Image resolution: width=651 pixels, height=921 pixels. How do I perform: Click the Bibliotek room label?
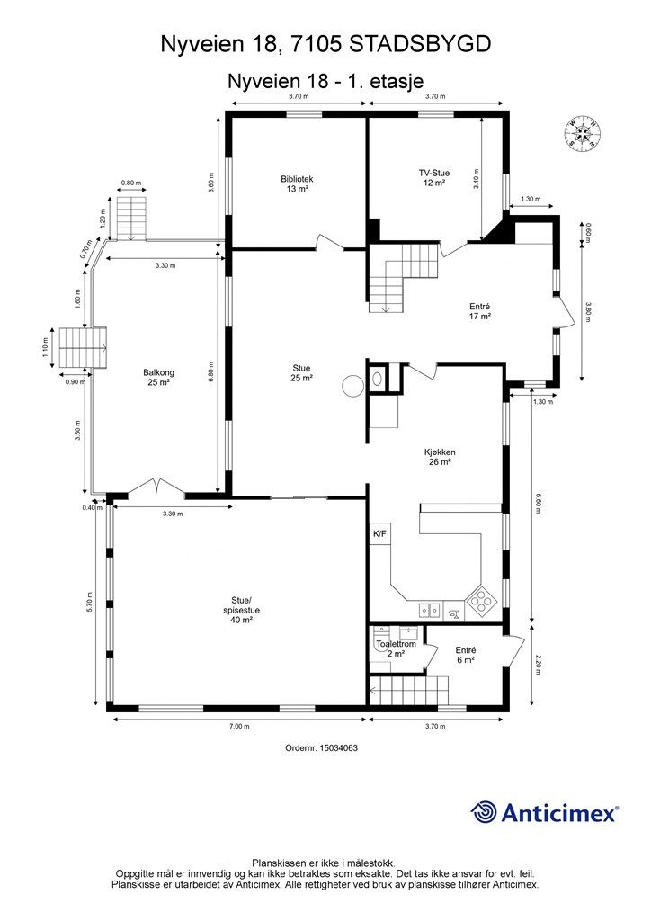click(x=297, y=183)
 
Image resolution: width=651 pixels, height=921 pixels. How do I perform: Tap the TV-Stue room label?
click(x=434, y=177)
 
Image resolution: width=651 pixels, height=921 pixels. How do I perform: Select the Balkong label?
click(x=157, y=376)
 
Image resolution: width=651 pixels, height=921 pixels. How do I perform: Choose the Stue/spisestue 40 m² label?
click(x=241, y=613)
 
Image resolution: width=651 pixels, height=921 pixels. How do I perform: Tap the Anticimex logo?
click(x=545, y=813)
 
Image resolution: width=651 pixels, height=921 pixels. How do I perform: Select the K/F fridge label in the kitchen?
click(x=379, y=534)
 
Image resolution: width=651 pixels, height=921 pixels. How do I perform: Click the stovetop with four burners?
click(x=481, y=601)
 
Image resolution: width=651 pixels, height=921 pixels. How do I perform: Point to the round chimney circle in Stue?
click(x=352, y=385)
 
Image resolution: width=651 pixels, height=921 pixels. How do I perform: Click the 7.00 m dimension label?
click(x=239, y=726)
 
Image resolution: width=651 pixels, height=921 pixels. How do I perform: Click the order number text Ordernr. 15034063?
click(x=327, y=747)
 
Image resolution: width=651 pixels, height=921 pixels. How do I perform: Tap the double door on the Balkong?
click(x=157, y=488)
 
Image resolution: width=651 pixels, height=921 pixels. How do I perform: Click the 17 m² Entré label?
click(x=479, y=311)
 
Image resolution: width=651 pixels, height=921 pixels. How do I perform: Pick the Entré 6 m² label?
click(x=465, y=655)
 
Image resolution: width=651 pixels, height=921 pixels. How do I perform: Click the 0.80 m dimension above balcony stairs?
click(x=131, y=183)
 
